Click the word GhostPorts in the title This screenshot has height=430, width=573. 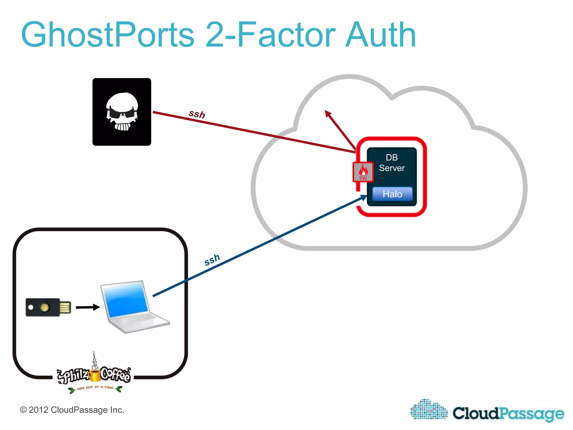click(108, 35)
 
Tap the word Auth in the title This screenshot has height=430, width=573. click(381, 35)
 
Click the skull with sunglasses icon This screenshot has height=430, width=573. click(122, 112)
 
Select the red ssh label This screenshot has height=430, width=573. click(197, 114)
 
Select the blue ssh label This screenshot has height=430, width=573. click(212, 260)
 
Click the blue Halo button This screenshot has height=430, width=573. click(392, 194)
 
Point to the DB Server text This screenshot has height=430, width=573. click(392, 163)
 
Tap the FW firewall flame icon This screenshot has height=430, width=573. click(363, 172)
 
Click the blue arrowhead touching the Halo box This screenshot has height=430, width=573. click(363, 198)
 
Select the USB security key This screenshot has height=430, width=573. click(48, 307)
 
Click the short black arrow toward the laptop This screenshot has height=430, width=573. click(88, 307)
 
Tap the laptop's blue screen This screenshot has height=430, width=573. click(126, 300)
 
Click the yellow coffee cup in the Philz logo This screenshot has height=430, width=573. click(95, 375)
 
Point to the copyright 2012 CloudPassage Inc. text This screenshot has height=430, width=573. click(72, 410)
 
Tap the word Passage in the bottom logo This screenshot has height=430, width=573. click(532, 414)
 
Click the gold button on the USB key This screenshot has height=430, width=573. click(44, 307)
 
